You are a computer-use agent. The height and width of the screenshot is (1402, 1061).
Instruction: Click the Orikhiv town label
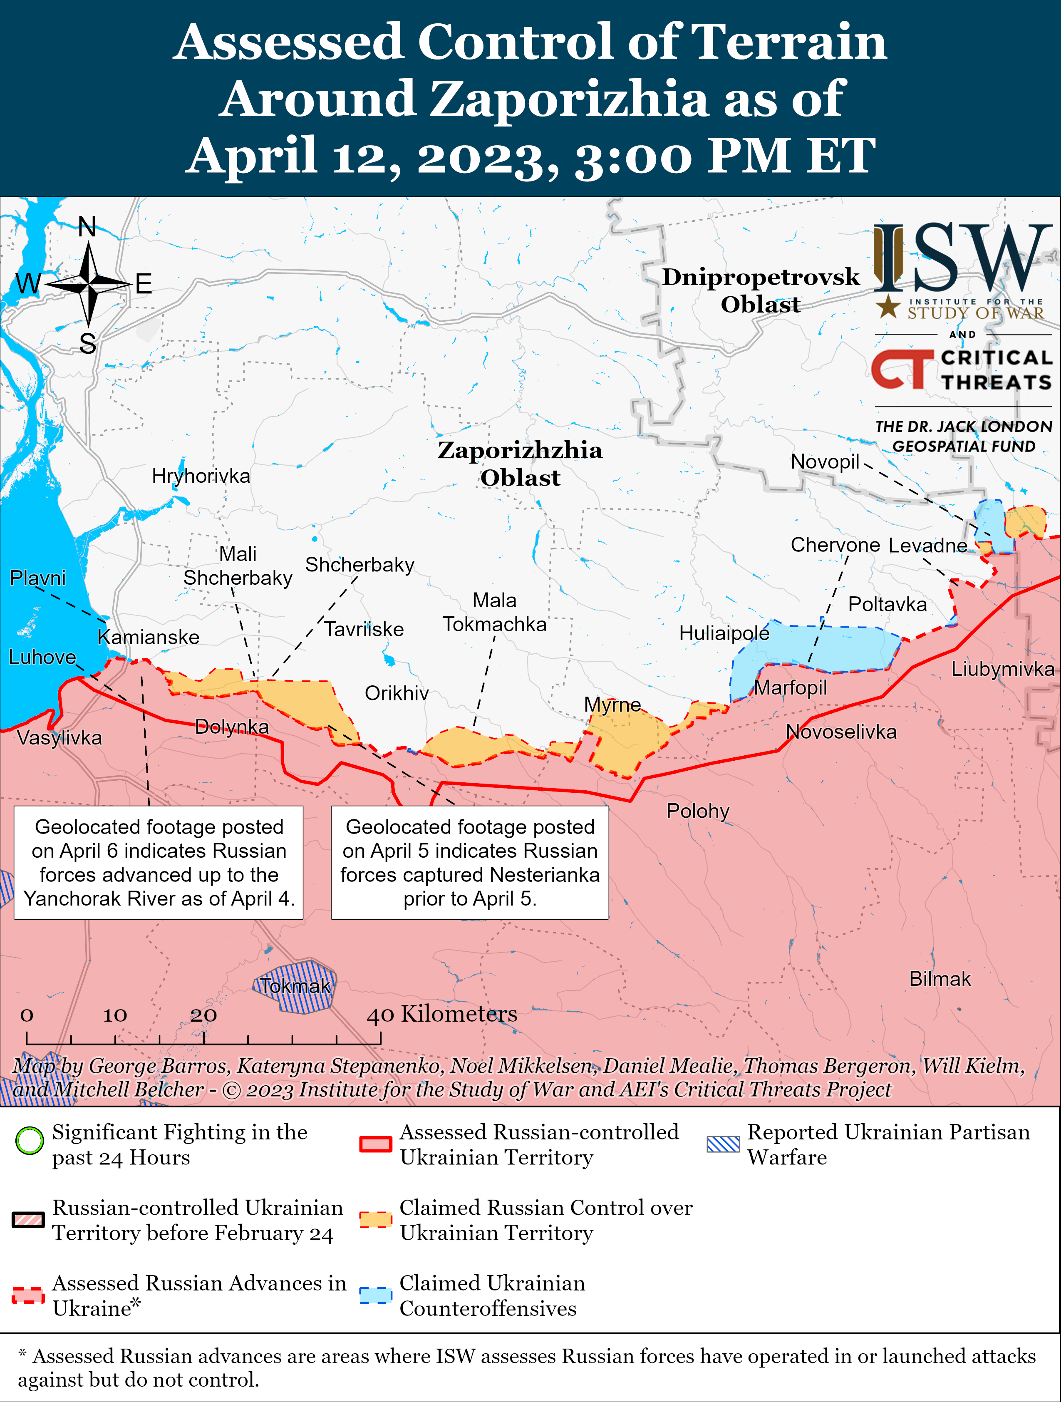pyautogui.click(x=397, y=693)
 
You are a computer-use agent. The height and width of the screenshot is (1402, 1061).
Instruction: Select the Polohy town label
pyautogui.click(x=698, y=811)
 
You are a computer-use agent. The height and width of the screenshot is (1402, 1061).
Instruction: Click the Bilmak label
pyautogui.click(x=940, y=979)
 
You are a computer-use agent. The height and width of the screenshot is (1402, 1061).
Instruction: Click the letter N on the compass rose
pyautogui.click(x=87, y=226)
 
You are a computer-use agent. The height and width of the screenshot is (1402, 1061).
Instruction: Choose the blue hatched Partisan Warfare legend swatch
pyautogui.click(x=723, y=1144)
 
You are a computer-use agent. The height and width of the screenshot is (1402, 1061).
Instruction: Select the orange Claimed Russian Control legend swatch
pyautogui.click(x=375, y=1219)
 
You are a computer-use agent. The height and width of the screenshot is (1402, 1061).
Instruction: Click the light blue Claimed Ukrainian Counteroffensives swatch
pyautogui.click(x=375, y=1295)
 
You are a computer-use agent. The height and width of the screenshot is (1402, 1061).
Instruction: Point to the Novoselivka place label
pyautogui.click(x=841, y=732)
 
